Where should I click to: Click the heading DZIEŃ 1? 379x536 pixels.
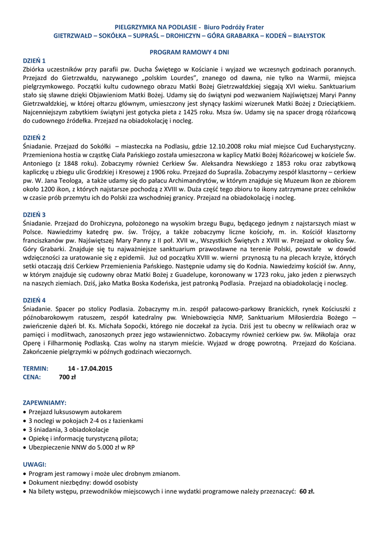point(35,61)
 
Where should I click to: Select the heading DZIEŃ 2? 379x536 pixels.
point(35,138)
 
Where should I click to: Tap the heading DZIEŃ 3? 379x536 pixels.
point(35,215)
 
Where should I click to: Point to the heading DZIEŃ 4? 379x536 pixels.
point(35,300)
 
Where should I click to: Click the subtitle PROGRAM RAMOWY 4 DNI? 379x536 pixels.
point(189,52)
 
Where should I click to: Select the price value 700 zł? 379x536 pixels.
point(67,377)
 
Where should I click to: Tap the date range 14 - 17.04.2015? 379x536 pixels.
point(90,368)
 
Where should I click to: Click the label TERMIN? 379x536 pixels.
point(36,368)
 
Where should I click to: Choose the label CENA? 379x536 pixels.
point(32,377)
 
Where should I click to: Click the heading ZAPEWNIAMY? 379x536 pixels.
point(44,403)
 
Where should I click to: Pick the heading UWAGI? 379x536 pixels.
point(35,464)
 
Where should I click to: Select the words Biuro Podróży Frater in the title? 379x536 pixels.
point(234,27)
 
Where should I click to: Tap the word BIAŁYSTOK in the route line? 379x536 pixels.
point(309,35)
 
